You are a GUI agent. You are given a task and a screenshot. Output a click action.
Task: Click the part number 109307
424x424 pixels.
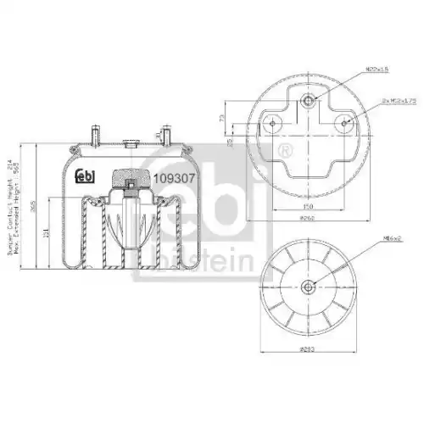(175, 179)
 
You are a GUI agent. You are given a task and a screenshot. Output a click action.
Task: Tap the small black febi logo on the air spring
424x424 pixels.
(86, 177)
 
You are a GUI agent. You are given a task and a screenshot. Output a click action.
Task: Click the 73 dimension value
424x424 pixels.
(223, 119)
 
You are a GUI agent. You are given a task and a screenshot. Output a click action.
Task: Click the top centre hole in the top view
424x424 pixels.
(309, 101)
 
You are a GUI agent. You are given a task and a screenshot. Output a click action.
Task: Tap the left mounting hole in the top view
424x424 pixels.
(273, 124)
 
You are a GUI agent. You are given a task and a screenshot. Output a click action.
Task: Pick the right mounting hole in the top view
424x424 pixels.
(345, 124)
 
